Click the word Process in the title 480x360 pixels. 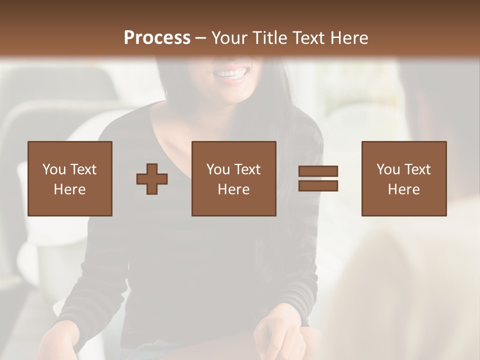tap(157, 38)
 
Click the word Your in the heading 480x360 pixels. tap(228, 38)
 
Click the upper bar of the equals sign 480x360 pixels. tap(318, 171)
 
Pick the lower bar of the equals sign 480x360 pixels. tap(318, 186)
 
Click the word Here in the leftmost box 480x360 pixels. tap(70, 189)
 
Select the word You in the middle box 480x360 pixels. tap(218, 169)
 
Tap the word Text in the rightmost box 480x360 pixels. tap(417, 169)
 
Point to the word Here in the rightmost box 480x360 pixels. tap(404, 189)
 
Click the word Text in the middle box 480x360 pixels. tap(247, 169)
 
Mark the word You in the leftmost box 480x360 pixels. tap(54, 169)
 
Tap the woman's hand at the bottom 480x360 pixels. tap(277, 335)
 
